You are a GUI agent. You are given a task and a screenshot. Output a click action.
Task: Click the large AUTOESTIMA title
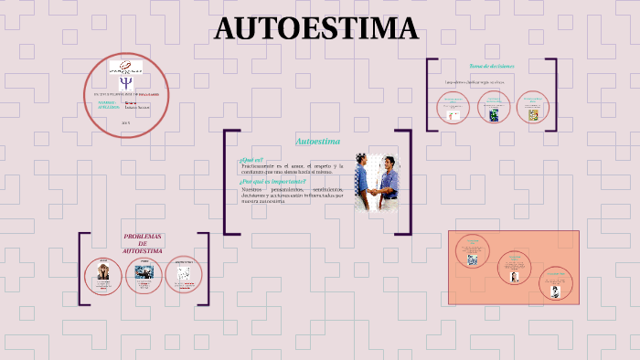click(x=315, y=29)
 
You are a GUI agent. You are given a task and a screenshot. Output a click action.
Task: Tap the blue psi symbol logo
click(x=125, y=82)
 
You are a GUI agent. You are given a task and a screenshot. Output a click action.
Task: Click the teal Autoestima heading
click(x=317, y=142)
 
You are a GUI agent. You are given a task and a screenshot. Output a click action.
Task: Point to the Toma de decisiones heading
click(x=491, y=67)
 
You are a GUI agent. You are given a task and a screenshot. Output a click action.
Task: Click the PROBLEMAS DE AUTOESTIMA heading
click(x=143, y=243)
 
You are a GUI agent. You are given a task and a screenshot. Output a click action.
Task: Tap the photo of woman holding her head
click(x=102, y=271)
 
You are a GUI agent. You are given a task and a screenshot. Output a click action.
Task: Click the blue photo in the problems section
click(x=144, y=271)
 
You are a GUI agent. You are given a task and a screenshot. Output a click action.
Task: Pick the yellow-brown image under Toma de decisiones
click(x=531, y=114)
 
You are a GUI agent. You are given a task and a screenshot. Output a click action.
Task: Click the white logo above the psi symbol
click(x=125, y=67)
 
